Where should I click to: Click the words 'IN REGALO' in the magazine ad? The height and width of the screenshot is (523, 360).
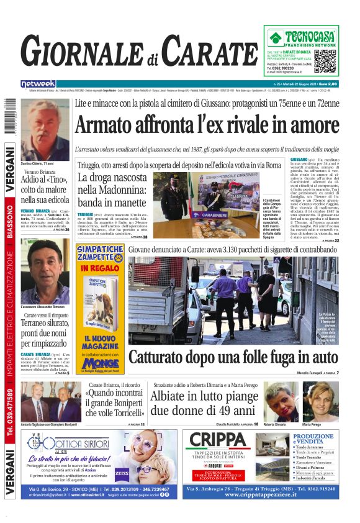99,268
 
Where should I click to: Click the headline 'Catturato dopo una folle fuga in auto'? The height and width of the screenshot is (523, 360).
233,357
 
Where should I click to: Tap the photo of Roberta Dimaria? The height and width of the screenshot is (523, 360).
281,401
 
